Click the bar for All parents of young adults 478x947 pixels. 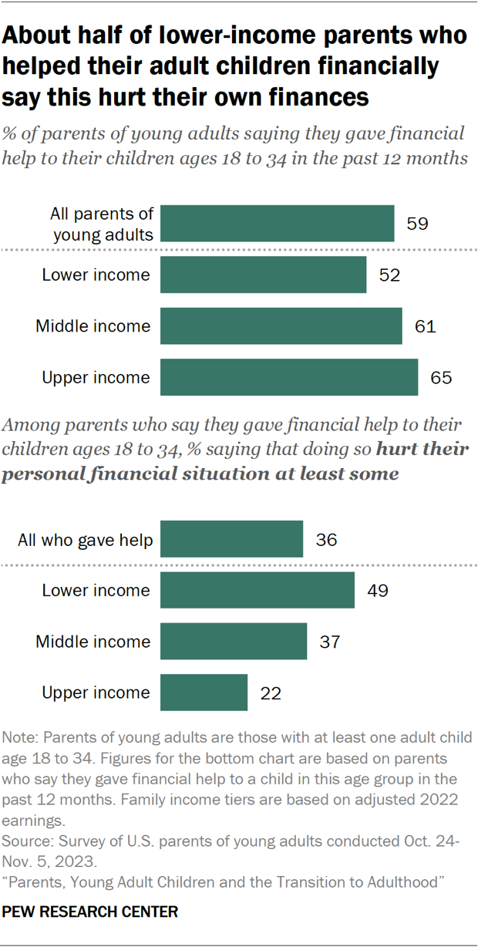(x=277, y=224)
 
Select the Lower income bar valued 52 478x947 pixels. (x=263, y=275)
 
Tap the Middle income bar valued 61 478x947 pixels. (x=281, y=326)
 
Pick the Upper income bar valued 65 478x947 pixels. (x=289, y=377)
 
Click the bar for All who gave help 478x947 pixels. (x=231, y=539)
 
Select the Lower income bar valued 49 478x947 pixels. (x=257, y=590)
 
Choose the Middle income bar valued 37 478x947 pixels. (x=233, y=641)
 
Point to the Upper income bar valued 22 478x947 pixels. (x=204, y=693)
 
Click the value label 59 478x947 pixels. (x=417, y=224)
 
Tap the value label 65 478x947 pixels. (x=441, y=378)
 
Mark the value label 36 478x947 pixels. (x=326, y=540)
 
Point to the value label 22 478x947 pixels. (x=271, y=693)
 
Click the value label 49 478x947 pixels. (x=378, y=591)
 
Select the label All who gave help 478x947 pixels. (x=85, y=540)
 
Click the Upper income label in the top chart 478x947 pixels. (x=96, y=378)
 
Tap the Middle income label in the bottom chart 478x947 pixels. (x=93, y=642)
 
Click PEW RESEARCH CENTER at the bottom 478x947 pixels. (x=91, y=912)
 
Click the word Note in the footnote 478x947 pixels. (x=19, y=737)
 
